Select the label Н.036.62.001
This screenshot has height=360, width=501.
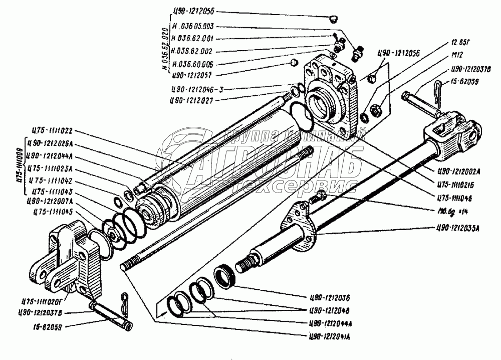click(x=193, y=38)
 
